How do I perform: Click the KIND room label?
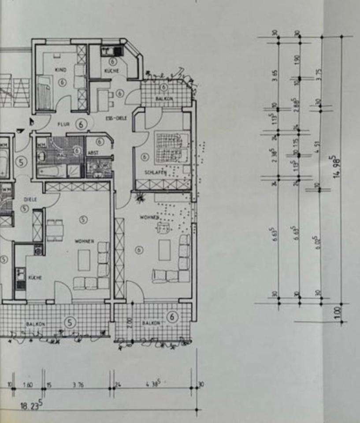(x=60, y=70)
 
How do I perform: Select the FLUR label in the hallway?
(x=63, y=124)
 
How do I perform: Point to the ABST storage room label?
(x=93, y=152)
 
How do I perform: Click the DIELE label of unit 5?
(x=30, y=199)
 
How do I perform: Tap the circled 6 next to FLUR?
(x=81, y=124)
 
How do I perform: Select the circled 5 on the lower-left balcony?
(x=70, y=322)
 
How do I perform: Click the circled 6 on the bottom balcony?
(x=173, y=316)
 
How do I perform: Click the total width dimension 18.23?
(x=31, y=405)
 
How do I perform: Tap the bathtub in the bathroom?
(x=51, y=171)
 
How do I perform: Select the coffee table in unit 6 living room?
(x=164, y=250)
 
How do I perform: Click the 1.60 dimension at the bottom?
(x=27, y=385)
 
